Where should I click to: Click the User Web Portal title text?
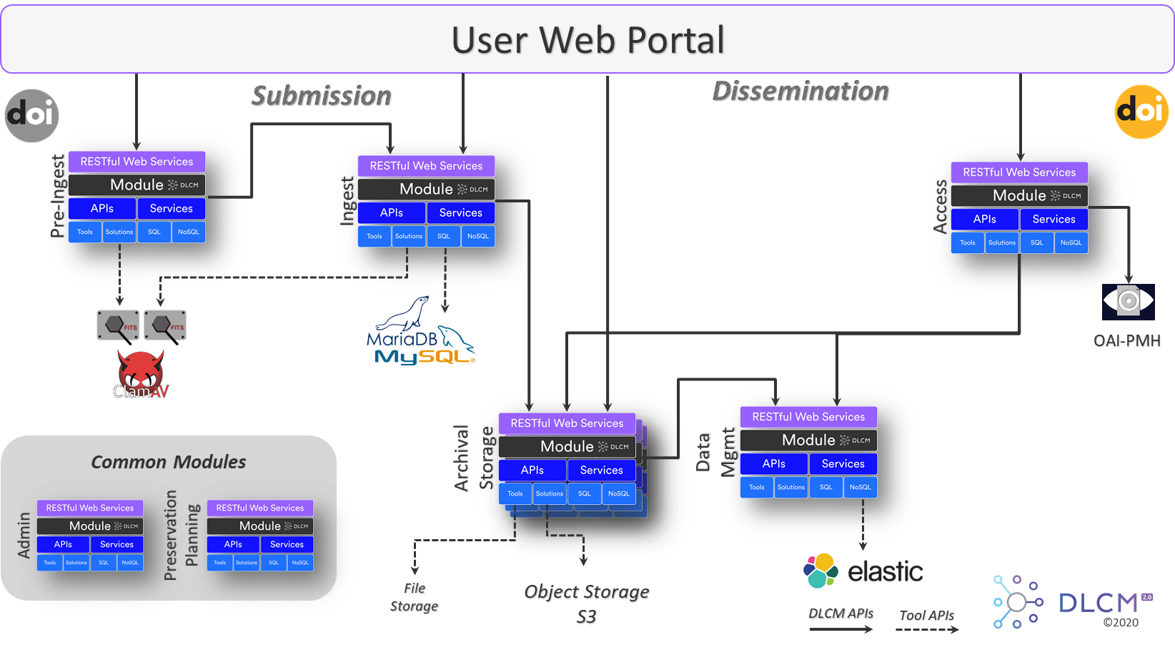tap(587, 40)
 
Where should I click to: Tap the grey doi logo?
tap(31, 115)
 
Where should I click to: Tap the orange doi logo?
tap(1141, 112)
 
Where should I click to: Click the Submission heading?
tap(321, 96)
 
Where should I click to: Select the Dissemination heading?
tap(800, 92)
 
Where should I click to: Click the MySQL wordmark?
tap(423, 355)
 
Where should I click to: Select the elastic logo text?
tap(885, 571)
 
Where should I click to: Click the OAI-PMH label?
tap(1126, 342)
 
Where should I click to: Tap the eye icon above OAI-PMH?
tap(1128, 300)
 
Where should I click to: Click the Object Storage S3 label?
tap(587, 604)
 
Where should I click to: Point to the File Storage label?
tap(415, 598)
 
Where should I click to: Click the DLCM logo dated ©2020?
tap(1072, 602)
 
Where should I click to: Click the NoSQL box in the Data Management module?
tap(860, 487)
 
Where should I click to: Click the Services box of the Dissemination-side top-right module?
tap(1053, 220)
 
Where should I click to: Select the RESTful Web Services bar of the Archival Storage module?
tap(567, 423)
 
